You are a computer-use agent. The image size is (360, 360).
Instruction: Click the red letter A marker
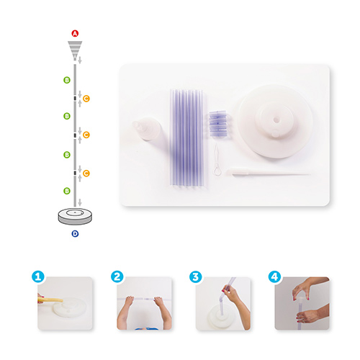point(75,33)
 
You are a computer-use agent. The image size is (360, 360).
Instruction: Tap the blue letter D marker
point(75,233)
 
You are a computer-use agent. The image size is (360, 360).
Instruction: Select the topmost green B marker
point(67,80)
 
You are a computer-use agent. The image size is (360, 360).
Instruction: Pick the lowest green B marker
point(67,191)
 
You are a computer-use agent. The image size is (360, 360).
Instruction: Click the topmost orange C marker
point(86,99)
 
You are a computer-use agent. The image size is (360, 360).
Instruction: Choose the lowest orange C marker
point(86,173)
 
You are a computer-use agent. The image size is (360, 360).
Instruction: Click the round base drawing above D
point(75,216)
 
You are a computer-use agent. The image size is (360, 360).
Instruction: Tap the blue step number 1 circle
point(38,276)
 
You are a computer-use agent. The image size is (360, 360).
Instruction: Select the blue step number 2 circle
point(117,276)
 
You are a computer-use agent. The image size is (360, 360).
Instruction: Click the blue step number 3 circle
point(196,276)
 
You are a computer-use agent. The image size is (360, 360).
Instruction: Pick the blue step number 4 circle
point(274,276)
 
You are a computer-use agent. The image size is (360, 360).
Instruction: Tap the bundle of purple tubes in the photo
point(186,138)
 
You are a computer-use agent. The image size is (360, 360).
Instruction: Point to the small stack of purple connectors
point(217,123)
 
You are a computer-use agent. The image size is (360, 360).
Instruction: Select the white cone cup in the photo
point(147,128)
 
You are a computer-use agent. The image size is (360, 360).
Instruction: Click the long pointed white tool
point(268,172)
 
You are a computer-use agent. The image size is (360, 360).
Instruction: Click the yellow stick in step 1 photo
point(50,300)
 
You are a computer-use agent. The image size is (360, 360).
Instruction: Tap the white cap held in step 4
point(302,300)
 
